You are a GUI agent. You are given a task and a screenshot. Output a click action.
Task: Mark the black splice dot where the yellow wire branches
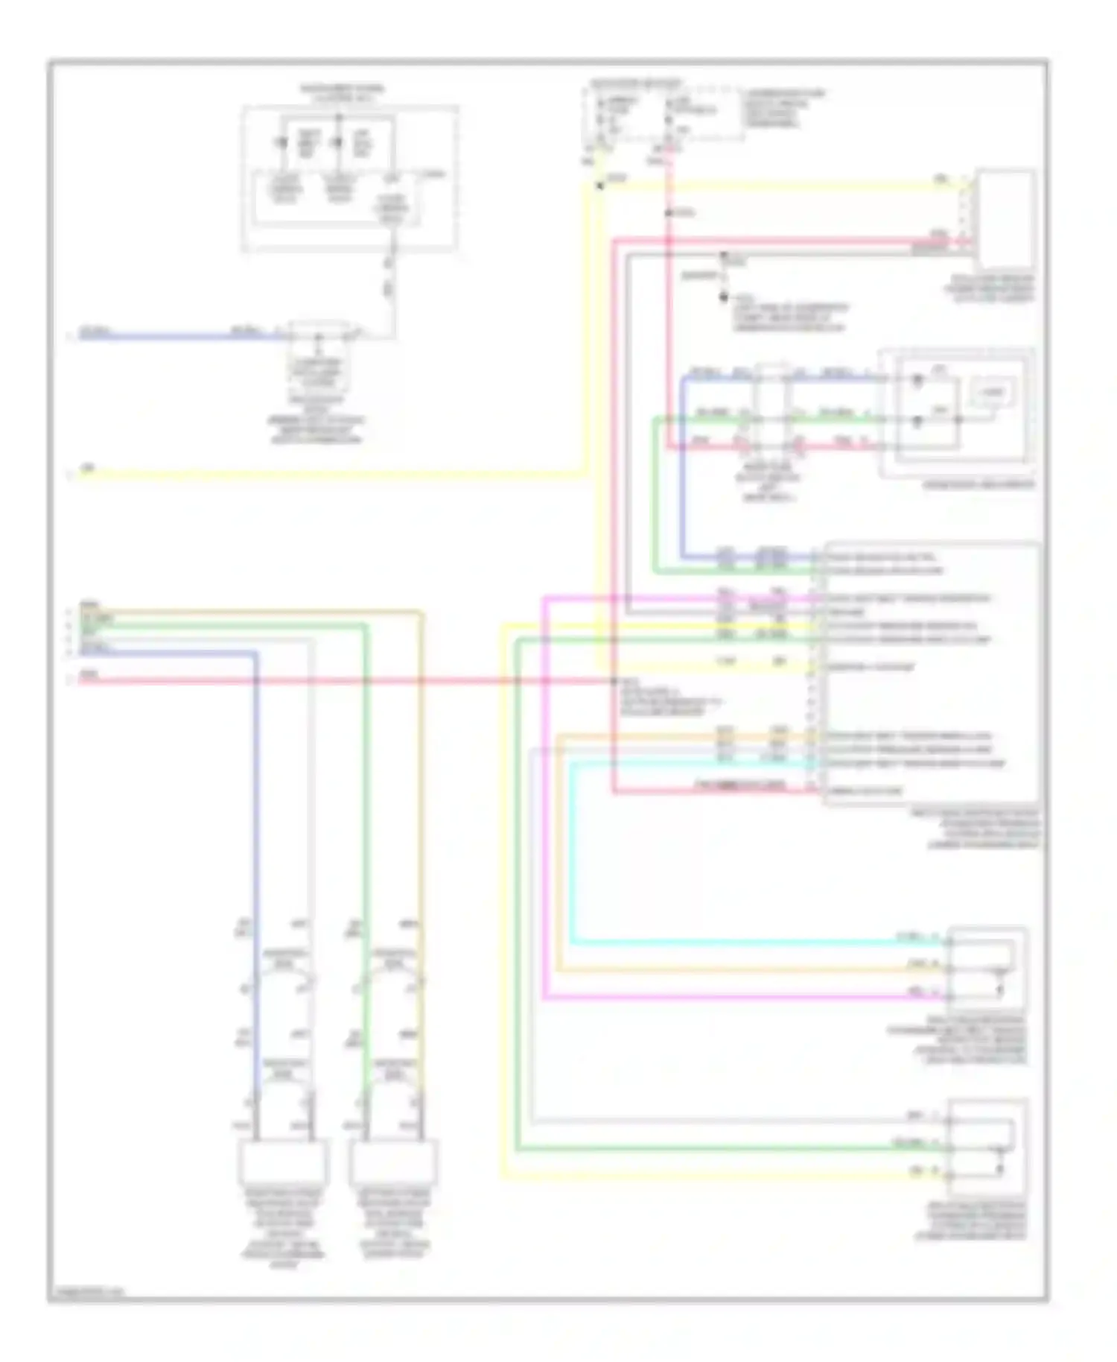coord(600,185)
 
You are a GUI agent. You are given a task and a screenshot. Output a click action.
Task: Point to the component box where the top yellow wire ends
coord(1005,218)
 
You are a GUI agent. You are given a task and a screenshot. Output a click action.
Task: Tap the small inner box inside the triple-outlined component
coord(990,392)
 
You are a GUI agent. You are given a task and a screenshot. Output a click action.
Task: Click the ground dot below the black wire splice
coord(723,297)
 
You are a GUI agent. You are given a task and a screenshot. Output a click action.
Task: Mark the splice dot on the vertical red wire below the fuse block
coord(669,213)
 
